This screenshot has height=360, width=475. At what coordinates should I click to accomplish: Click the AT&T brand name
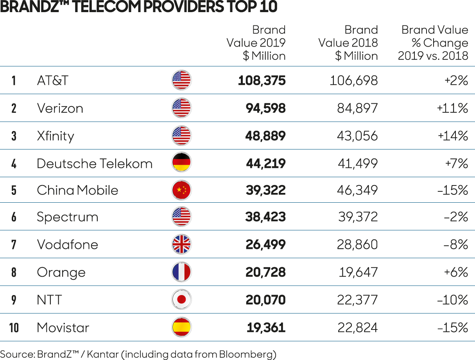(x=53, y=81)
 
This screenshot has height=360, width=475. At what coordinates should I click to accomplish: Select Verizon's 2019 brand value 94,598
(x=265, y=108)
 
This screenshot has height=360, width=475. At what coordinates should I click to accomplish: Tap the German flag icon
(x=181, y=163)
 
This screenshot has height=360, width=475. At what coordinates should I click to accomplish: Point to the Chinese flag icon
(x=181, y=190)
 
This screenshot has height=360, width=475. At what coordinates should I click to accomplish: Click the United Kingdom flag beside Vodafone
(x=181, y=245)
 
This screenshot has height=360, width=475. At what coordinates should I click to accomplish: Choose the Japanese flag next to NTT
(x=181, y=300)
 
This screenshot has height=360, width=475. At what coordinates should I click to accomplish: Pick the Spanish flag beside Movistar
(x=181, y=328)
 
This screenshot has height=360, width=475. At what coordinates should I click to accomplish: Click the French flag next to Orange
(x=181, y=272)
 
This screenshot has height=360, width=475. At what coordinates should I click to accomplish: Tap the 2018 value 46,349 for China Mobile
(x=358, y=191)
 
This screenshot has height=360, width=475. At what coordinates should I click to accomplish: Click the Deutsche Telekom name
(x=95, y=164)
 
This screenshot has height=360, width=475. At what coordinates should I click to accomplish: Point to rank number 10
(x=14, y=328)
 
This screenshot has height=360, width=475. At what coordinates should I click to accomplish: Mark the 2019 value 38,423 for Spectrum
(x=265, y=217)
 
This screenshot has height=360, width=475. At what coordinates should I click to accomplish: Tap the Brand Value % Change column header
(x=434, y=43)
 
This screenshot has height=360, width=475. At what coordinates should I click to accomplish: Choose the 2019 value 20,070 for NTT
(x=265, y=300)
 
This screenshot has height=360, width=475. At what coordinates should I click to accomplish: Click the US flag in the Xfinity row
(x=181, y=136)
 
